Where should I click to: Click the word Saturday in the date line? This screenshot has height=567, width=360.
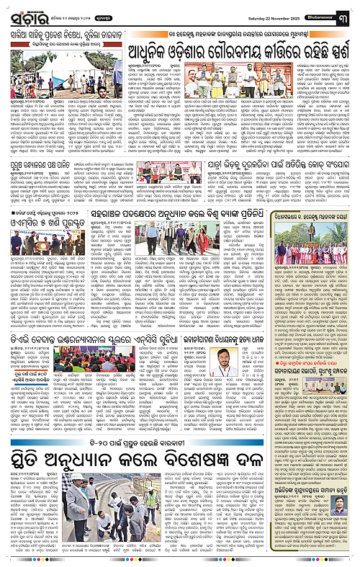point(253,9)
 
